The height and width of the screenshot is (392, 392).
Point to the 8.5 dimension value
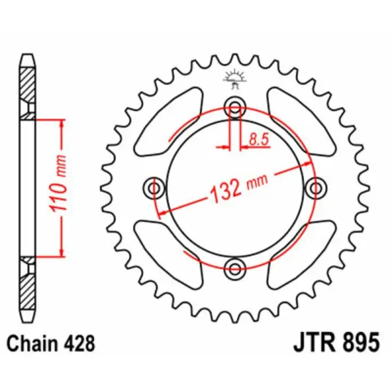(x=258, y=139)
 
